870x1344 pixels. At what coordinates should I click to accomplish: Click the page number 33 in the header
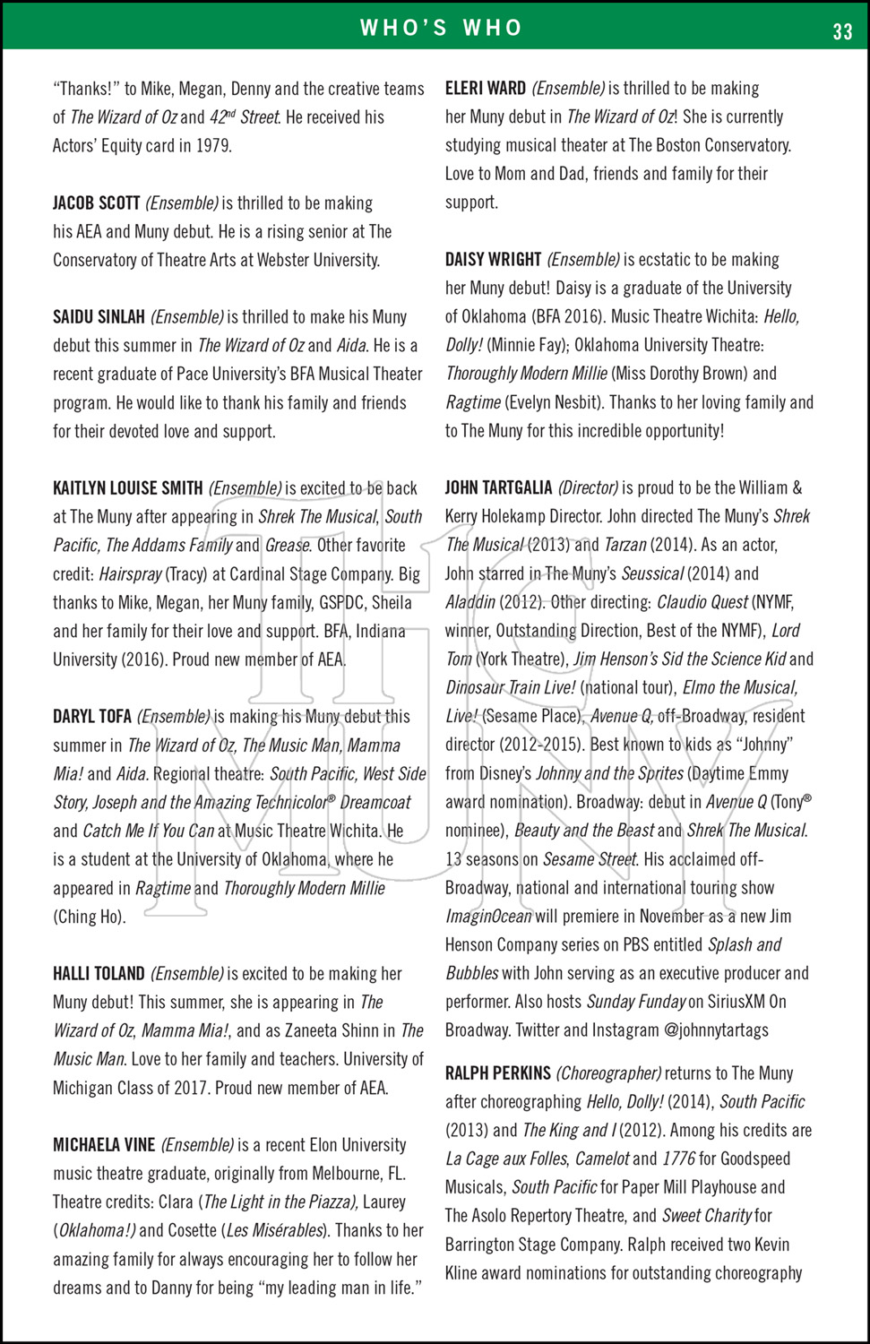point(842,31)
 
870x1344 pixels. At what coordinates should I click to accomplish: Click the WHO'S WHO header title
point(441,28)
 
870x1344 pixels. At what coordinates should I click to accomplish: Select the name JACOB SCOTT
point(96,203)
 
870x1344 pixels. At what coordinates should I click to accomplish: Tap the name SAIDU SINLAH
point(99,317)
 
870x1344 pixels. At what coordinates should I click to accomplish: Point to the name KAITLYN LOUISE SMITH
point(127,488)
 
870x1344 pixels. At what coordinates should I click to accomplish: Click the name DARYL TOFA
point(91,717)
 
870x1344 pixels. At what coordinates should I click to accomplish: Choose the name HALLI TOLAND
point(99,974)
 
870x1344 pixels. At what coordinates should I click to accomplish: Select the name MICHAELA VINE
point(104,1145)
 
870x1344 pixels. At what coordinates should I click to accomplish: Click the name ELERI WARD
point(485,89)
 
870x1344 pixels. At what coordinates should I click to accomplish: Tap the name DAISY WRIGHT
point(493,260)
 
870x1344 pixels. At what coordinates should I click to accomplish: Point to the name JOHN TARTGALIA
point(498,488)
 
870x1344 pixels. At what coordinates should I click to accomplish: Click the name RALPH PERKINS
point(497,1073)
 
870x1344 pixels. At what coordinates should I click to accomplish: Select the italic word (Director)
point(588,488)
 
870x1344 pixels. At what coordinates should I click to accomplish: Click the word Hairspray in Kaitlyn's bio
point(131,574)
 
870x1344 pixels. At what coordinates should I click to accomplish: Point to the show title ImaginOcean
point(488,917)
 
